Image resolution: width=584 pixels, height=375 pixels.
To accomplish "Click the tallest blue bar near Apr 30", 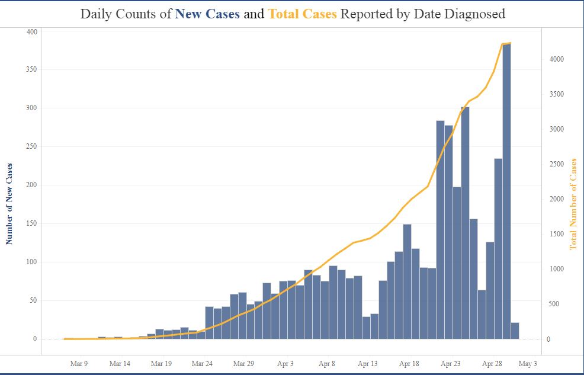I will coord(506,190).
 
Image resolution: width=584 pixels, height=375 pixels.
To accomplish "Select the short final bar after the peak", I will coord(515,331).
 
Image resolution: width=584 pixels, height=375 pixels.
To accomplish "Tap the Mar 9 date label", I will coord(79,364).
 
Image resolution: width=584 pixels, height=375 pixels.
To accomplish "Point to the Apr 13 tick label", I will coord(368,364).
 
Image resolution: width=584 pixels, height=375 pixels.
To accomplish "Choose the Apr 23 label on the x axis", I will coord(451,364).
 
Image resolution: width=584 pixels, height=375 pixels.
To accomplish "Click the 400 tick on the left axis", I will coord(31,31).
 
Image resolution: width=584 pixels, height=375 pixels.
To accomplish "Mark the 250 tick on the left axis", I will coord(31,146).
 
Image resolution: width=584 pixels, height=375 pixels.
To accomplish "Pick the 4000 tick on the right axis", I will coord(556,59).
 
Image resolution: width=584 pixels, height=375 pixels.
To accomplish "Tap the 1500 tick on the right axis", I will coord(556,235).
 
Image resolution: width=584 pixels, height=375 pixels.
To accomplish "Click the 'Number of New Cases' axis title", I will coord(9,204).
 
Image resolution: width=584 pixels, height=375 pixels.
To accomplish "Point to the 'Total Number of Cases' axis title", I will coord(573,204).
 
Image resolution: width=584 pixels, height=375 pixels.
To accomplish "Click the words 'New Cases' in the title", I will coord(207,14).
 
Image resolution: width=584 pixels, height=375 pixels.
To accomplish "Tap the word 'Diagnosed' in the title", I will coord(476,14).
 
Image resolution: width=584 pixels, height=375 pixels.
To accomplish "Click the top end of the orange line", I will coord(510,43).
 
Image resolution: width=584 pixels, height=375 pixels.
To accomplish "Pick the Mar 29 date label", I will coord(244,364).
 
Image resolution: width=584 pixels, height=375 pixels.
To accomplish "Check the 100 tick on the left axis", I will coord(31,262).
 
